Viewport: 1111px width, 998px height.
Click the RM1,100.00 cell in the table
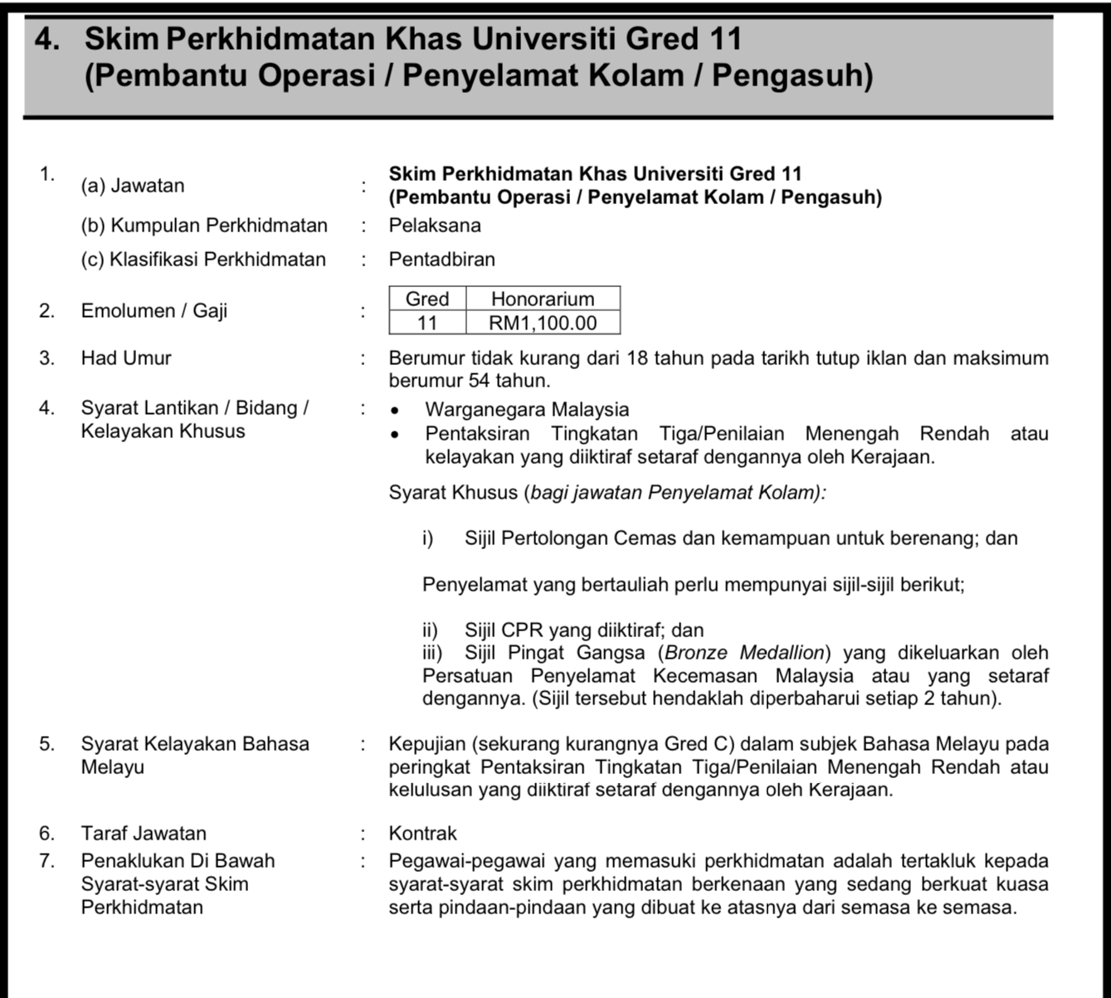(x=543, y=324)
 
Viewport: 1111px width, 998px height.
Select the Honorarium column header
(x=543, y=299)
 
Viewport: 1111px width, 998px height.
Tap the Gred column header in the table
(x=427, y=299)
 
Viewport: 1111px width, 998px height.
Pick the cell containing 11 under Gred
(x=427, y=324)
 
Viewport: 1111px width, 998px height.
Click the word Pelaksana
(x=435, y=226)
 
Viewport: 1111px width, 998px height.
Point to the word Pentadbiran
(x=441, y=260)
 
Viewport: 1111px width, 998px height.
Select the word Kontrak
(x=422, y=834)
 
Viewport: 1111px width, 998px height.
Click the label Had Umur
(x=126, y=358)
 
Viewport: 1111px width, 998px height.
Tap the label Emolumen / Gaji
(x=153, y=311)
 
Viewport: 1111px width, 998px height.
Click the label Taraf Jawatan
(x=144, y=834)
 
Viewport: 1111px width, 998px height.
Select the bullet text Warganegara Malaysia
(x=527, y=410)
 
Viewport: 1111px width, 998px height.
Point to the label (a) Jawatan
(x=133, y=186)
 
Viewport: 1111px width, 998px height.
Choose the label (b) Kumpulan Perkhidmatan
(x=204, y=226)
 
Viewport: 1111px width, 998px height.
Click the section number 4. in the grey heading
(x=47, y=39)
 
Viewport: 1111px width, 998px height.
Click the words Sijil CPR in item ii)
(x=503, y=630)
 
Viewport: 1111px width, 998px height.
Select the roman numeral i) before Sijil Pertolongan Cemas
(x=427, y=539)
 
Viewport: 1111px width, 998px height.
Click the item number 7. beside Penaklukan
(x=46, y=861)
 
